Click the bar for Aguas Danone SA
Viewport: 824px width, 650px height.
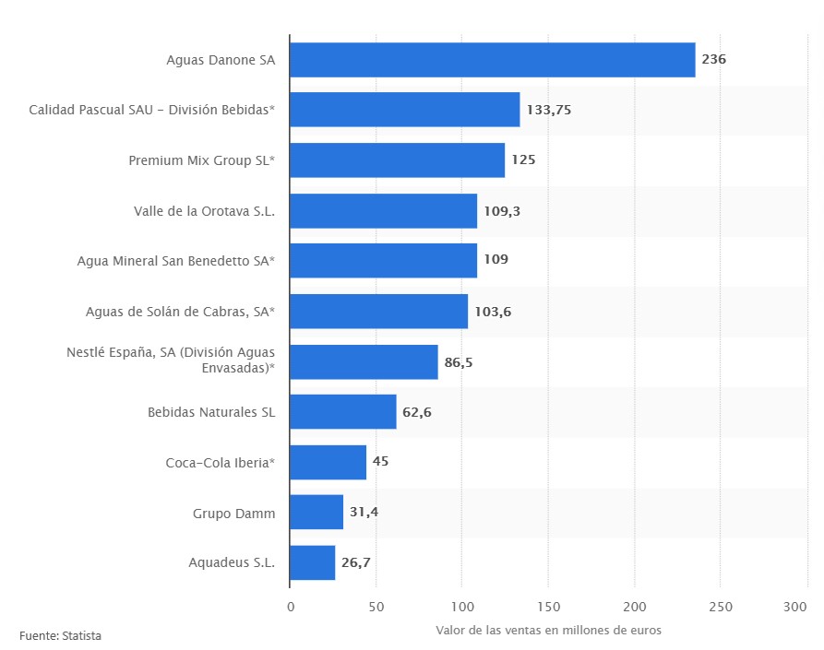coord(492,60)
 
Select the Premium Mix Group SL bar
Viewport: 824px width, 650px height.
coord(397,160)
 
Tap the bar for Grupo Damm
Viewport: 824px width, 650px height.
coord(316,512)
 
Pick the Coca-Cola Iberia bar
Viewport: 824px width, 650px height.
coord(328,462)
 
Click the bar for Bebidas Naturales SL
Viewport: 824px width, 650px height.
coord(342,411)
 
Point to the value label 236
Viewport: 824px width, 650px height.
coord(713,60)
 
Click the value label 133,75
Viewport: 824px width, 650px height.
coord(549,110)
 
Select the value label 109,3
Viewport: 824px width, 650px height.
coord(502,211)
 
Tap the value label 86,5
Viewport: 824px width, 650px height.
coord(459,362)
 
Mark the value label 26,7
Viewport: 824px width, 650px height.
coord(356,562)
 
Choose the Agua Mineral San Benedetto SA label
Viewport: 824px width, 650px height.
coord(176,261)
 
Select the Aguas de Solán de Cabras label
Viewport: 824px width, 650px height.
coord(180,312)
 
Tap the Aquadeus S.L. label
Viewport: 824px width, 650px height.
coord(232,562)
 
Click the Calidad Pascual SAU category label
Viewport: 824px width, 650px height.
coord(151,110)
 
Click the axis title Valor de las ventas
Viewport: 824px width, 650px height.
coord(548,630)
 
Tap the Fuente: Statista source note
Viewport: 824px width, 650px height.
coord(61,636)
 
